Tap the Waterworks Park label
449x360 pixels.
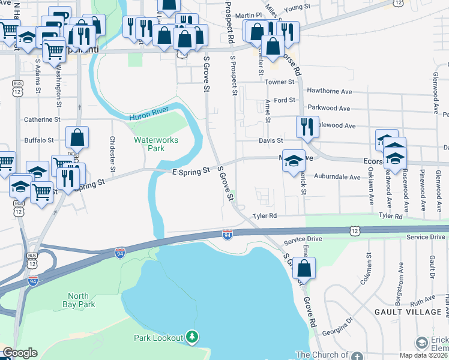149,143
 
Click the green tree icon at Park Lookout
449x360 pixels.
191,337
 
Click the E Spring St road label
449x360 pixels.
190,171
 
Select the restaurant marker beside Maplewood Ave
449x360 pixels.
307,127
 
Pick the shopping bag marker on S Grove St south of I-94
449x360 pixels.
304,269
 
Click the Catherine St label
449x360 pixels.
42,119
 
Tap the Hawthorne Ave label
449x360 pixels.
329,91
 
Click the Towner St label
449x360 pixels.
279,82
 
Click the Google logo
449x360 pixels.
20,353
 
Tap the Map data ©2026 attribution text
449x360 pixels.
423,355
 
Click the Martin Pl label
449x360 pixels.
249,15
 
